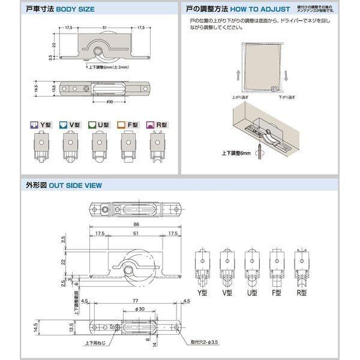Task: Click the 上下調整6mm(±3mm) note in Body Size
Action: (x=109, y=68)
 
